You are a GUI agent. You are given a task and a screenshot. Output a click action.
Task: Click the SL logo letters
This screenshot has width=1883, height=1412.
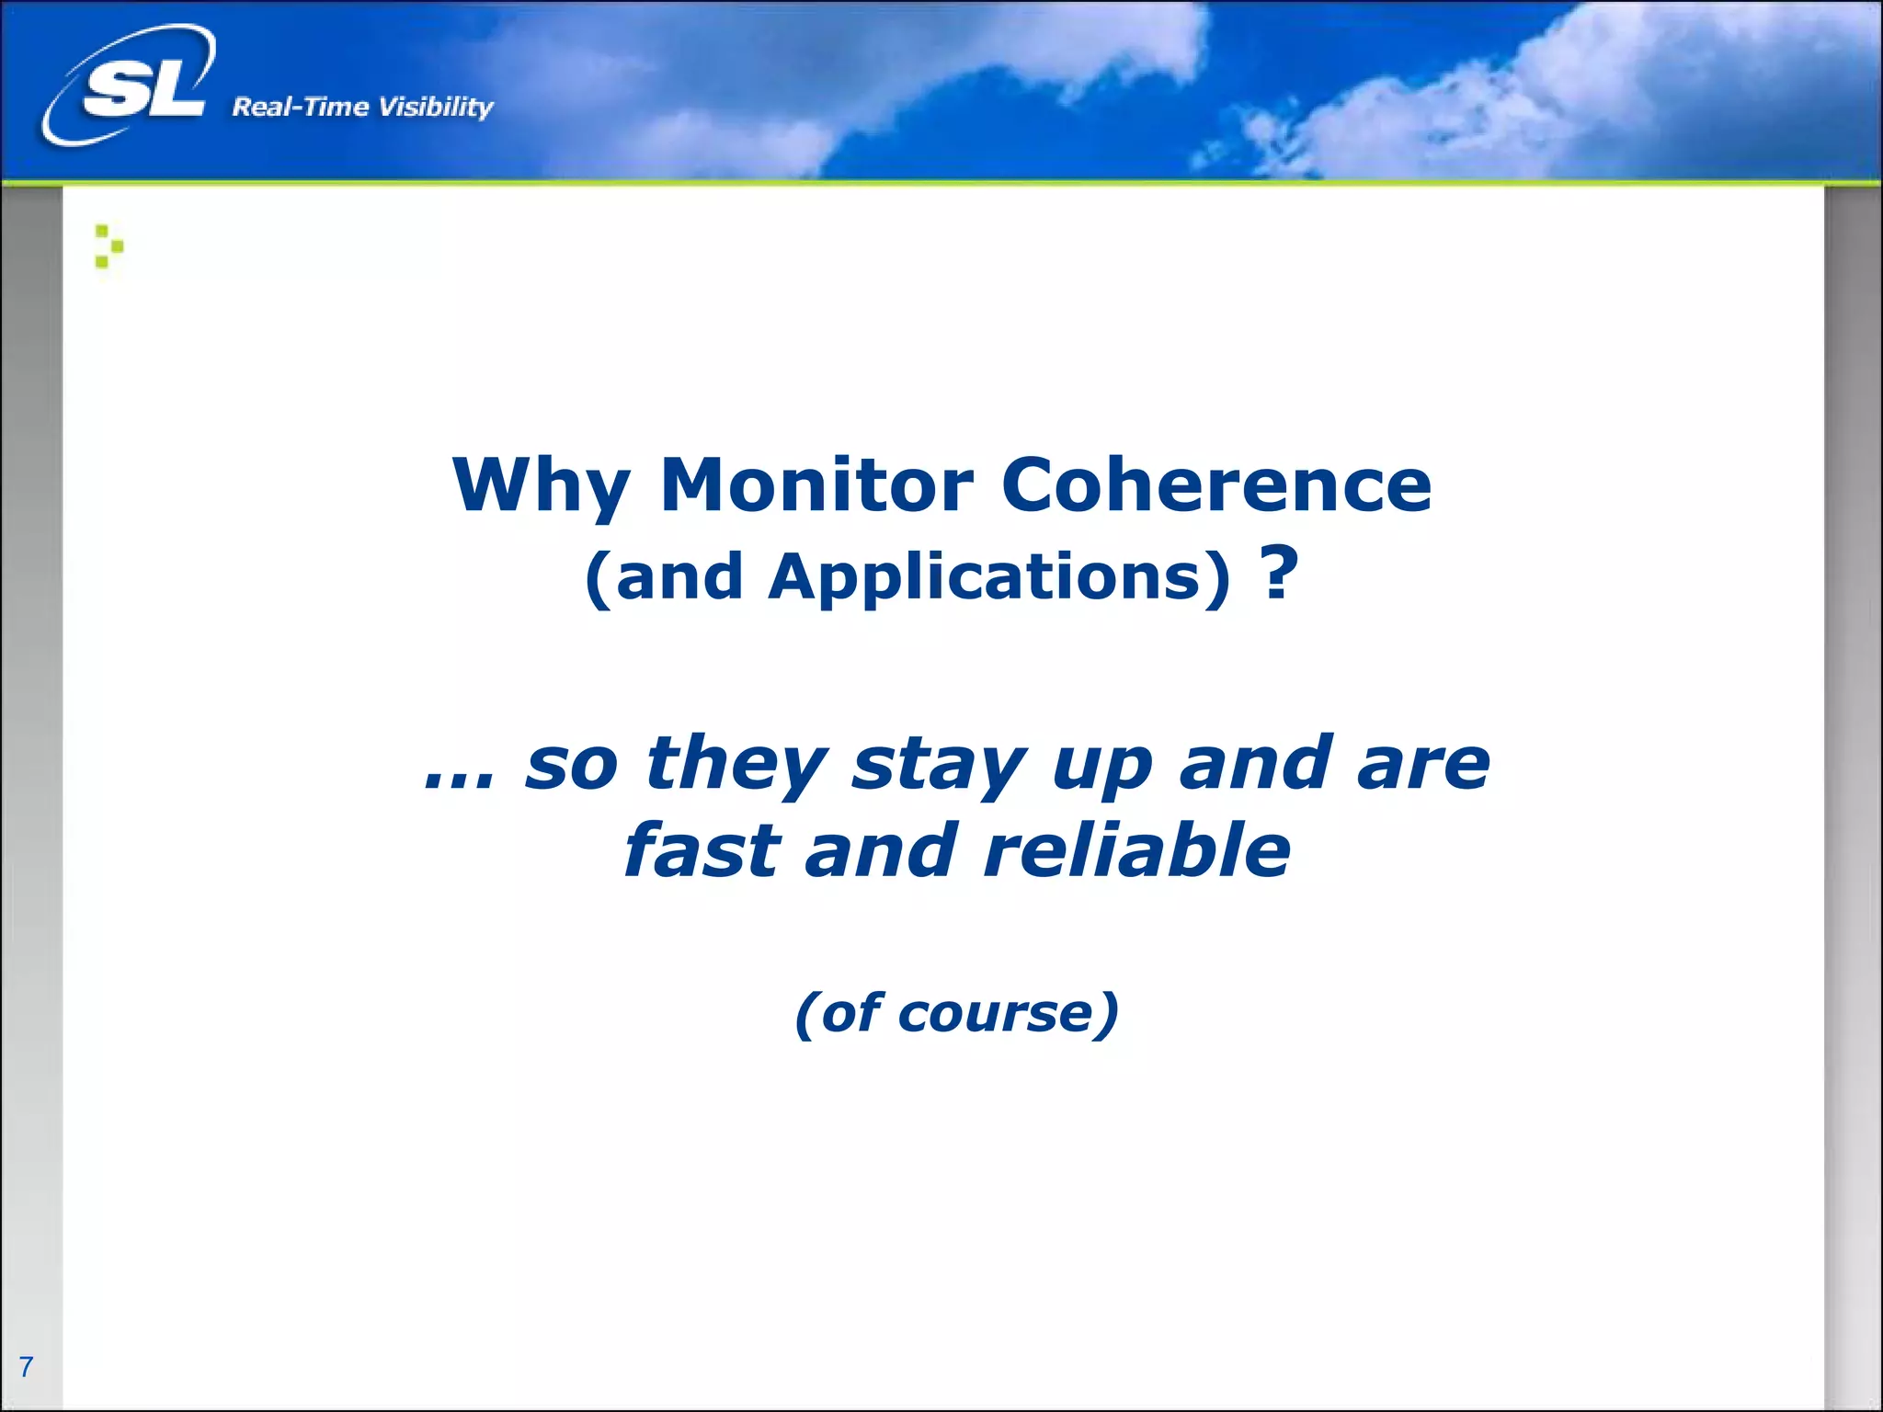click(143, 90)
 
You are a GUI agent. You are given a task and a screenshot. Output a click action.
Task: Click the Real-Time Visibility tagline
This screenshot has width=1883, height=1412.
click(362, 108)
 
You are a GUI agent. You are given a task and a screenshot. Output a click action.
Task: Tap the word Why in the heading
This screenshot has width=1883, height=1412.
click(541, 487)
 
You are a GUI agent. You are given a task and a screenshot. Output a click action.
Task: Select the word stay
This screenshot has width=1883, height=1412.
click(938, 766)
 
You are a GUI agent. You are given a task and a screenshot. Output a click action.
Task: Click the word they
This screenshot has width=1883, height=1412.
click(736, 764)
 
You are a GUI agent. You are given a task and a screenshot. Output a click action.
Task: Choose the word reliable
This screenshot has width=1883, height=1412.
click(1136, 851)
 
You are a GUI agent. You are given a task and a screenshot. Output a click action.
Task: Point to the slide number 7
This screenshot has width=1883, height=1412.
click(26, 1366)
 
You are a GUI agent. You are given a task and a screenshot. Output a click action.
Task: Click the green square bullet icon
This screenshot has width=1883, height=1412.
click(108, 246)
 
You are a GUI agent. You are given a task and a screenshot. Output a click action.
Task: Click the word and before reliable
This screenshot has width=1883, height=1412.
click(881, 851)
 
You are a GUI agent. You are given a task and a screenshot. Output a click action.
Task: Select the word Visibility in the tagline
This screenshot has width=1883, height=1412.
click(436, 108)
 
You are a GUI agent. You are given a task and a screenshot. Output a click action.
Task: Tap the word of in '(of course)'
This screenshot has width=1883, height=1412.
click(850, 1014)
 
